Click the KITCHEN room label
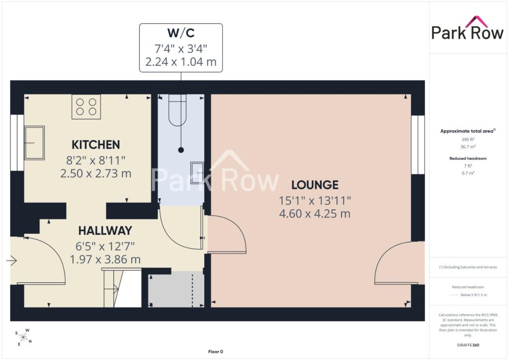click(x=96, y=145)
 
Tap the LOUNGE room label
click(x=315, y=185)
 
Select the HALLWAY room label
click(x=105, y=231)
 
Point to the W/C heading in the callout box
click(x=181, y=33)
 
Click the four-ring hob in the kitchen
click(x=86, y=107)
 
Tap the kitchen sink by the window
click(x=34, y=143)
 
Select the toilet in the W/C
click(x=177, y=110)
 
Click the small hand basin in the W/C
click(x=197, y=173)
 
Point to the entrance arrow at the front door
click(x=12, y=261)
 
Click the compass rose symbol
click(x=23, y=337)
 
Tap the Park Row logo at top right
click(x=467, y=29)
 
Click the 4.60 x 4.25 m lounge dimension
click(x=315, y=214)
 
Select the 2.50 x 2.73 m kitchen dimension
click(x=96, y=174)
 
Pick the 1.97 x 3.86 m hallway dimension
click(x=105, y=260)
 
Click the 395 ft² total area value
click(x=468, y=140)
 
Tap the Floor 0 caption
click(x=216, y=352)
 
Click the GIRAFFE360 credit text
click(x=468, y=345)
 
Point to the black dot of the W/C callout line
click(x=181, y=150)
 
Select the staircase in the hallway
click(x=122, y=288)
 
